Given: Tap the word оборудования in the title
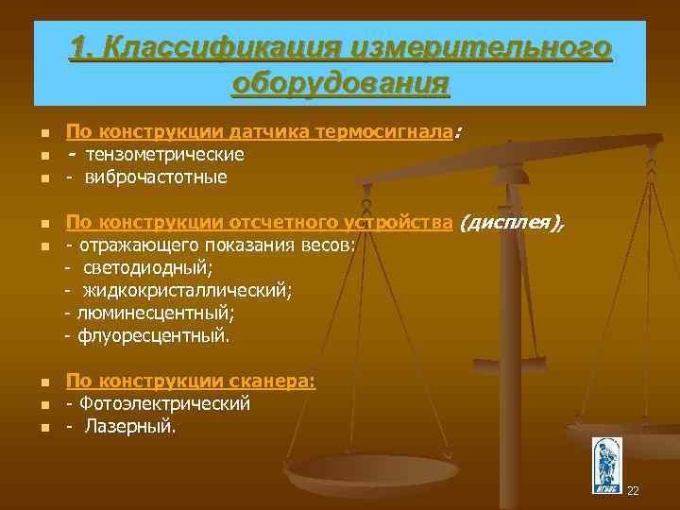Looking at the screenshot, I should tap(340, 83).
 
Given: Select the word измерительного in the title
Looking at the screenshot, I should tap(480, 47).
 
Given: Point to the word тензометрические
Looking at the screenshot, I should tap(162, 154).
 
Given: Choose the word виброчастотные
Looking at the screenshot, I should tap(156, 177).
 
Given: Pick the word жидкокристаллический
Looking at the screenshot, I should tap(186, 291).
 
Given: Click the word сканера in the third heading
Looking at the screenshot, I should tap(272, 382).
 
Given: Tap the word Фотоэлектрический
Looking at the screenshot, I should tap(164, 404).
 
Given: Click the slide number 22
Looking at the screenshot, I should tap(633, 491).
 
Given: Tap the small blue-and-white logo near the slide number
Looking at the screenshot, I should tap(605, 465).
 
